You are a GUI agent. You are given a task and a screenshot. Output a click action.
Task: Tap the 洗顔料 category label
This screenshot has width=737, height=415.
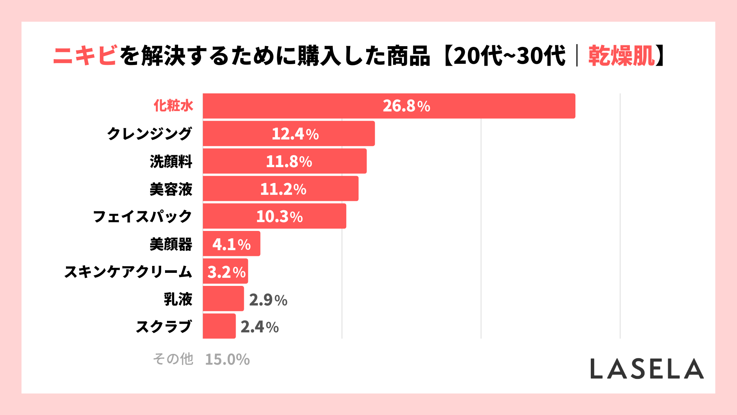click(x=171, y=161)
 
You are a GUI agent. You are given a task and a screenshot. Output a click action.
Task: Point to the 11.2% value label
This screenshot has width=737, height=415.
click(x=283, y=189)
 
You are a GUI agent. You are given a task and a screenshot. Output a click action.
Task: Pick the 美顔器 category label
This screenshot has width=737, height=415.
click(x=171, y=244)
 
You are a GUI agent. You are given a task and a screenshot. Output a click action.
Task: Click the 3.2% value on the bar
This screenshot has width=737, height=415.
click(x=226, y=272)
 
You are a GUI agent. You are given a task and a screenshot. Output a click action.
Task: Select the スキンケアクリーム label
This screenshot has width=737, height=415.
click(x=128, y=272)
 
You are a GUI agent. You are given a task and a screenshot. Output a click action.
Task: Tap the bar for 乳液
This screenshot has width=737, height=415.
click(x=223, y=299)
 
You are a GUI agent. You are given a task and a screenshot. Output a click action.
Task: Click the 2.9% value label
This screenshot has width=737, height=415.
click(x=268, y=300)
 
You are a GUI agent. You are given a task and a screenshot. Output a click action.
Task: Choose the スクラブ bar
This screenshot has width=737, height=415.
click(x=219, y=326)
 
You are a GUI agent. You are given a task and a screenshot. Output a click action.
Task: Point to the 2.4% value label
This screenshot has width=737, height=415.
click(x=259, y=327)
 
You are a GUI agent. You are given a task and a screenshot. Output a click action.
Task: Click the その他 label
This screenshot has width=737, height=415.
click(x=173, y=359)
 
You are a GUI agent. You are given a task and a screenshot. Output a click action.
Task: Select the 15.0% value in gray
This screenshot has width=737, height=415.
click(x=227, y=360)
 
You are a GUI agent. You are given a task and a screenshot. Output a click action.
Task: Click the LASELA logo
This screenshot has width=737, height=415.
click(x=647, y=369)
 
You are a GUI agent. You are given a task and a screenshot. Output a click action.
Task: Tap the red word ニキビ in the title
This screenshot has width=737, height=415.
click(x=85, y=56)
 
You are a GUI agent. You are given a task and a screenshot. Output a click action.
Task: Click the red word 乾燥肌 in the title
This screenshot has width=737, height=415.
click(x=621, y=56)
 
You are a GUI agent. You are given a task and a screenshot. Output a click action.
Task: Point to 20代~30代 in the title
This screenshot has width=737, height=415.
click(x=509, y=56)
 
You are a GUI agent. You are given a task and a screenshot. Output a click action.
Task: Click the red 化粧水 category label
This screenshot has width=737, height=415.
click(x=173, y=106)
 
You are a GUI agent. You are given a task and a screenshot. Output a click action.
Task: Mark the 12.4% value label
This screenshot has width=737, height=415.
click(x=295, y=134)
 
